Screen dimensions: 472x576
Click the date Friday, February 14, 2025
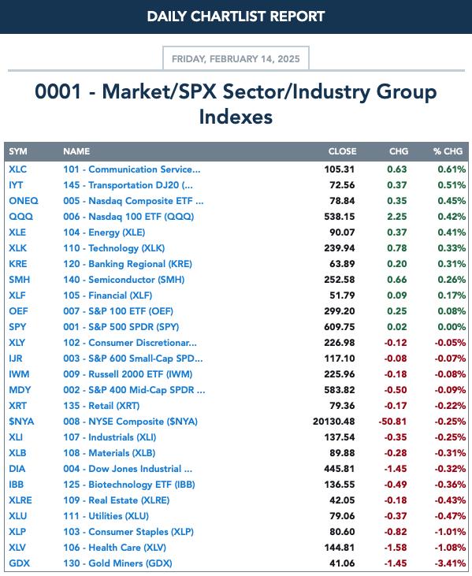(236, 59)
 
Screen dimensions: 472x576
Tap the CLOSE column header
(342, 151)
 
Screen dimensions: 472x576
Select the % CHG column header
(448, 151)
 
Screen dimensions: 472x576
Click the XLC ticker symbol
(17, 169)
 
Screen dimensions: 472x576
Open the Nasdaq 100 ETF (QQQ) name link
(128, 217)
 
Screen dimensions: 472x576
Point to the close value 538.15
(340, 217)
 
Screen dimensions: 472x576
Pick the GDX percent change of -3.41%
(450, 563)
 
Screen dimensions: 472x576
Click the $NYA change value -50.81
(392, 422)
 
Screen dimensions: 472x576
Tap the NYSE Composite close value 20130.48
(334, 422)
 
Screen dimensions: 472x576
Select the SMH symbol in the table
(20, 280)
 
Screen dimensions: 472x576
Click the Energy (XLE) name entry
(104, 232)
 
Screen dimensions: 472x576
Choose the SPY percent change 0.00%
(452, 327)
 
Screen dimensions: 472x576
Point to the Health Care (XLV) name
(114, 548)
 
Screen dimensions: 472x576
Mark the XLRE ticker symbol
(20, 500)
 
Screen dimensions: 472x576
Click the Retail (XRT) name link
(102, 406)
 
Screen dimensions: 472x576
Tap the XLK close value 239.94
(340, 248)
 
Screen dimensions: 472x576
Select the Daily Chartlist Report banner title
(236, 17)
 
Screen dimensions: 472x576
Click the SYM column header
(18, 151)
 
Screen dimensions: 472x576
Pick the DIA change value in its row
(396, 469)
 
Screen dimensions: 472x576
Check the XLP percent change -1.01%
(450, 532)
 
